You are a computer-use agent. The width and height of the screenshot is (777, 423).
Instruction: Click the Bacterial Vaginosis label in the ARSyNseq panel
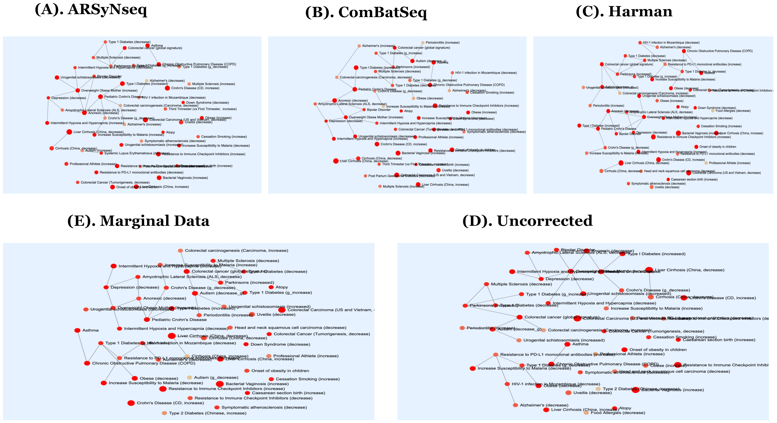185,178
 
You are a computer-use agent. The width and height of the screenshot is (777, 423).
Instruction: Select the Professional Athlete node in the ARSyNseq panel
66,164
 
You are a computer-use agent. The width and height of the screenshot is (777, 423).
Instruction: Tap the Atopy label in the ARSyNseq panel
170,132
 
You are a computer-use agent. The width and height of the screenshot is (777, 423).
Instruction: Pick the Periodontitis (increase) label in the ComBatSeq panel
442,43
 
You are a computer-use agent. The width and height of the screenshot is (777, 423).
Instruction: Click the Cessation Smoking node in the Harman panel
698,126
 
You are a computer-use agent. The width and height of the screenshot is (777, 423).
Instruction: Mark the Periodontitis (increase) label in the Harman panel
608,106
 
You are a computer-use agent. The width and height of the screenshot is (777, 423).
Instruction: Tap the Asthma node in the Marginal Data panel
77,330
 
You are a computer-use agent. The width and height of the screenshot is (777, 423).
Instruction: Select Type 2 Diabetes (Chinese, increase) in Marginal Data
208,413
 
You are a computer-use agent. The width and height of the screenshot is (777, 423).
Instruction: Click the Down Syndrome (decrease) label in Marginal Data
280,344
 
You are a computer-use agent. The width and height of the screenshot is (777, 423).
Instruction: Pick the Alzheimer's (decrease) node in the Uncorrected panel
515,405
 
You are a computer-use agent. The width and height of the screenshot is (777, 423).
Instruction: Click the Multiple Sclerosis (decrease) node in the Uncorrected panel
486,284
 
